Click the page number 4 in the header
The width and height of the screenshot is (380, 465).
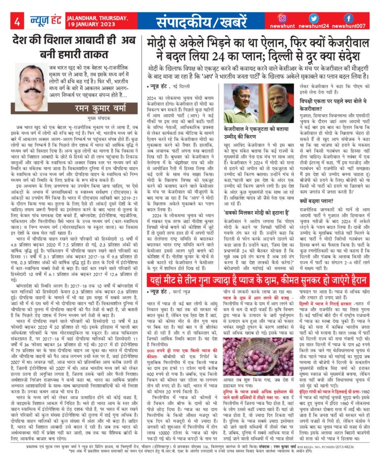[18, 22]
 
